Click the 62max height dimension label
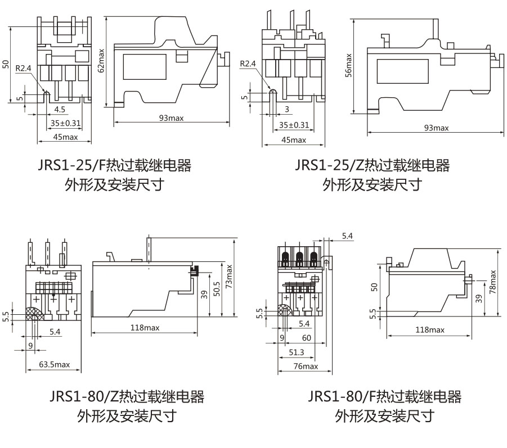[x=102, y=58]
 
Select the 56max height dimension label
[x=349, y=65]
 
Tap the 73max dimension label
[x=229, y=277]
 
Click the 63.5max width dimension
[x=55, y=364]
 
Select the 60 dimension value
[x=306, y=338]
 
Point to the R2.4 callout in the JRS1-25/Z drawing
[x=248, y=64]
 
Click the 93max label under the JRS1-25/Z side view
[x=436, y=128]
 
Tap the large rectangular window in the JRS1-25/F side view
[x=145, y=66]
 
